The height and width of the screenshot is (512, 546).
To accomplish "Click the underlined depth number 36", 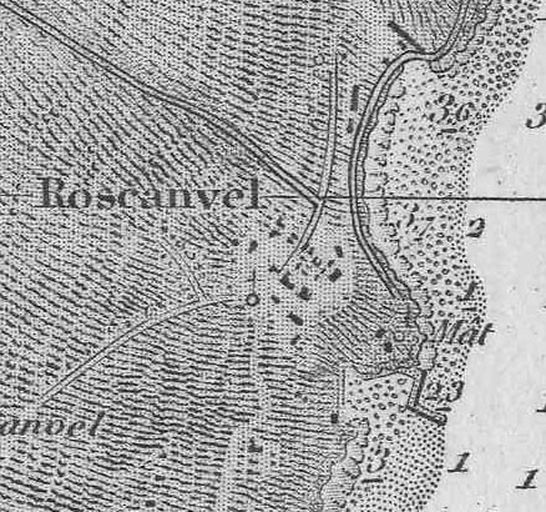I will click(455, 111).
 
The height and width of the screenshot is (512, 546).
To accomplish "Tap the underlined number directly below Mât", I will click(443, 391).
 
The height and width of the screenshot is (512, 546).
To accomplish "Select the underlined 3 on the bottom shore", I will click(377, 463).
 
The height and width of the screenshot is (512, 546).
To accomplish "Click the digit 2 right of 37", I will click(475, 229).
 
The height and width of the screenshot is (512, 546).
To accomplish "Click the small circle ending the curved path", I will click(252, 298).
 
